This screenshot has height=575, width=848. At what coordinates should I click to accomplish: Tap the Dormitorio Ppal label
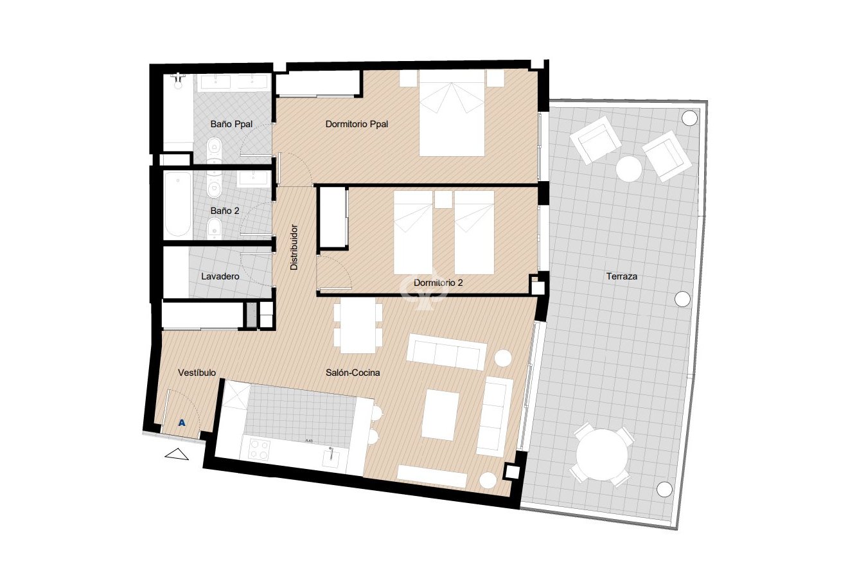pos(357,124)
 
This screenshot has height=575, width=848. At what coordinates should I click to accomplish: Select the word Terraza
pos(621,277)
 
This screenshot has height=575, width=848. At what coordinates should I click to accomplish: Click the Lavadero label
pos(220,277)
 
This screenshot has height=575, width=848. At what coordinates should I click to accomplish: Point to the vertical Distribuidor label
pos(294,247)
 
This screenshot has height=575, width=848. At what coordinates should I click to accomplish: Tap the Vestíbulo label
pos(197,373)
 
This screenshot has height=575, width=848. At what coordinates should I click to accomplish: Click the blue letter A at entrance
pos(182,423)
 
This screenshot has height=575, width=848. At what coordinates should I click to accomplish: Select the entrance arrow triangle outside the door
pos(177,455)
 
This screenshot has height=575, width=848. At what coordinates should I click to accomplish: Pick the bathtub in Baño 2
pos(177,204)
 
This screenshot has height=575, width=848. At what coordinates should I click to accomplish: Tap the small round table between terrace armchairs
pos(629,169)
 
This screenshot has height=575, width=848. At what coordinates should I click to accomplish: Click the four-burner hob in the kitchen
pos(258,448)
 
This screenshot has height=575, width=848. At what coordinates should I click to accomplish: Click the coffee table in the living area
pos(441,415)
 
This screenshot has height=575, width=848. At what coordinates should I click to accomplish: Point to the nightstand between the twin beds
pos(443,199)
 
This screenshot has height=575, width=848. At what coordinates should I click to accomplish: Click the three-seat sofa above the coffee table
pos(446,351)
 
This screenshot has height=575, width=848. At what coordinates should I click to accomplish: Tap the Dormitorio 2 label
pos(439,283)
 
